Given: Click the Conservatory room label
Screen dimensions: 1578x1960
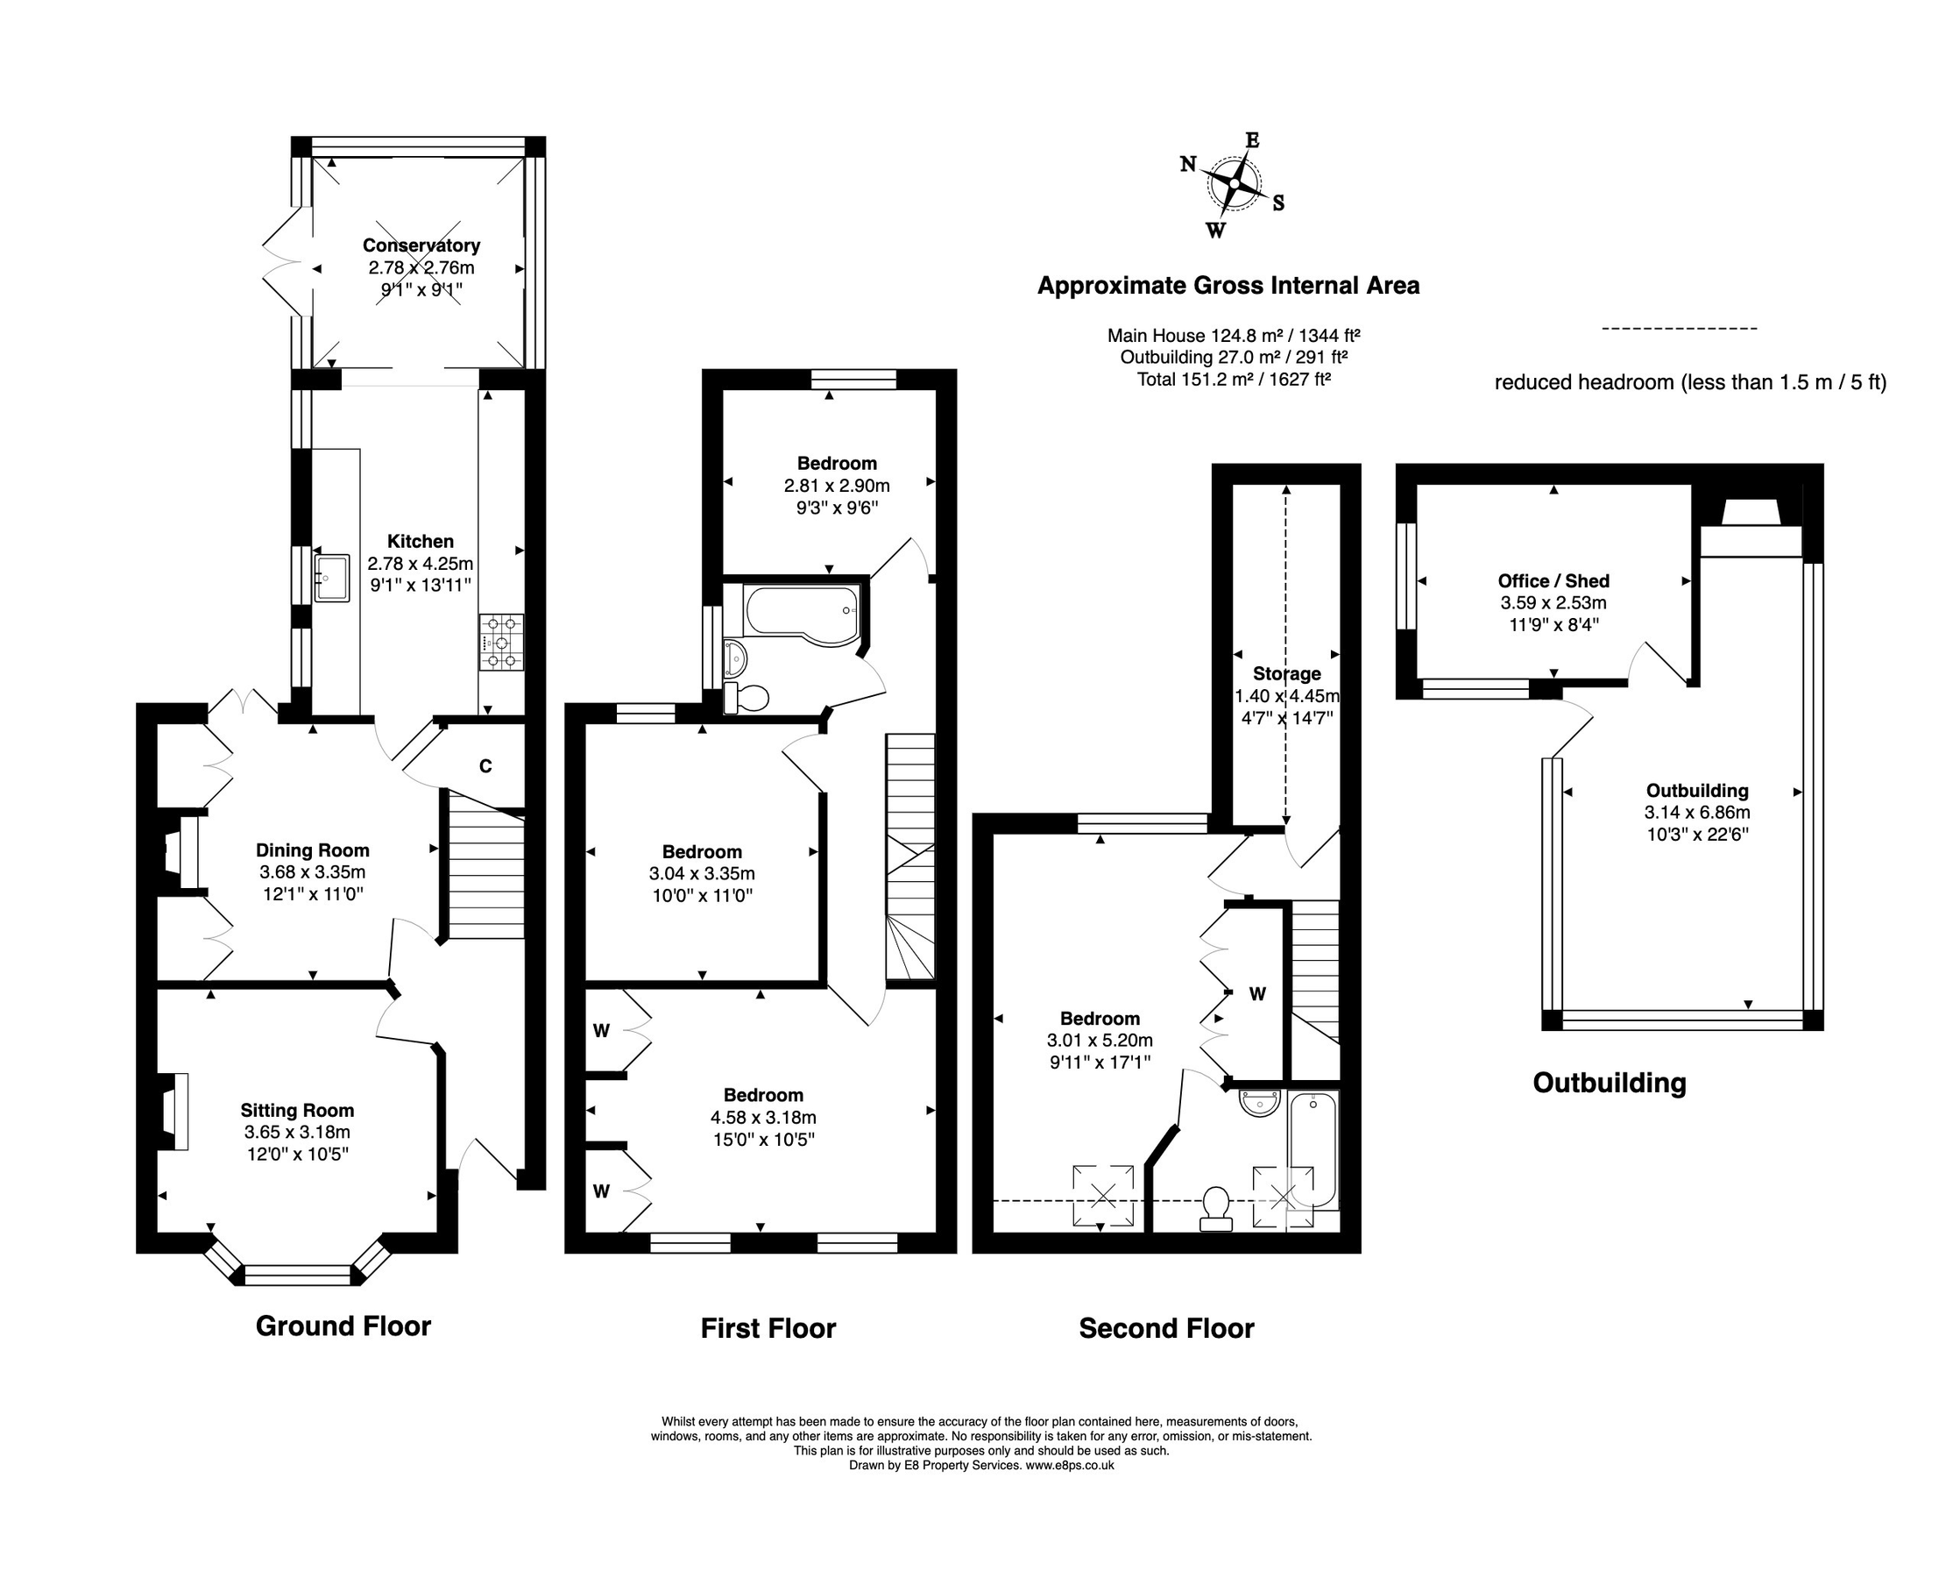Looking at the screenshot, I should [421, 245].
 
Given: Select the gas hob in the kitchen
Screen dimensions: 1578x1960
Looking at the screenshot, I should [502, 643].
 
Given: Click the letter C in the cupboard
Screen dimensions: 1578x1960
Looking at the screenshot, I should [485, 766].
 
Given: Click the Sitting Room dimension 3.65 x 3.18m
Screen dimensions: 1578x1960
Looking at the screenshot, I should [297, 1133].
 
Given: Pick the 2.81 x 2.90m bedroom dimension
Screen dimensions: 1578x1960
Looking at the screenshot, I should [837, 486].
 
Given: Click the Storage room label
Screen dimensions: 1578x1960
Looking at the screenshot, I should [1286, 674].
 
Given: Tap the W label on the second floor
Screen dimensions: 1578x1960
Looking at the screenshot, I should [1257, 995].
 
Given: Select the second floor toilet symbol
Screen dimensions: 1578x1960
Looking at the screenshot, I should [1216, 1208].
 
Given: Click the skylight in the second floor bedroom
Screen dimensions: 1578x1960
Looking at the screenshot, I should [1103, 1195].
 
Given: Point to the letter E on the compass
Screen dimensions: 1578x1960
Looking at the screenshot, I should [1252, 140].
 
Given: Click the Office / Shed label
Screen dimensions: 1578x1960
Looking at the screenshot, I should [1553, 581].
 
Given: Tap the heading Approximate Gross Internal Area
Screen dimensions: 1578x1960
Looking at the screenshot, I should [1228, 286].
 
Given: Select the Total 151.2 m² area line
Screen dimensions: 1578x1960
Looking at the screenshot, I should [1234, 380].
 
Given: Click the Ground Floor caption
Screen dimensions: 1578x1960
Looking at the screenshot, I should [343, 1326].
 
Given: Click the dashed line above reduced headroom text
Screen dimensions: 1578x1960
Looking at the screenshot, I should [1679, 329].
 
